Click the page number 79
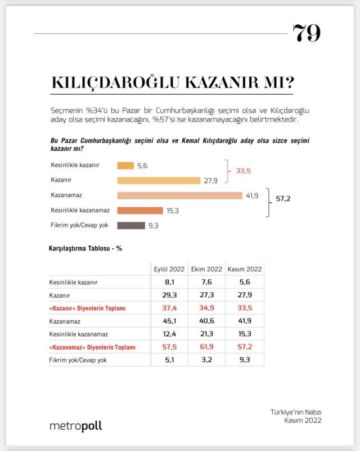307,34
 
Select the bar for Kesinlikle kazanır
125,166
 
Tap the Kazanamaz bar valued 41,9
179,195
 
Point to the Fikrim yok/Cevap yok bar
130,225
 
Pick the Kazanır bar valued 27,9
159,181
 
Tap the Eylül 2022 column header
169,269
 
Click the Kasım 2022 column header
244,269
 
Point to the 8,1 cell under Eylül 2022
169,283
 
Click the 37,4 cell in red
169,309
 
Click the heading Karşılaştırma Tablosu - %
84,248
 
